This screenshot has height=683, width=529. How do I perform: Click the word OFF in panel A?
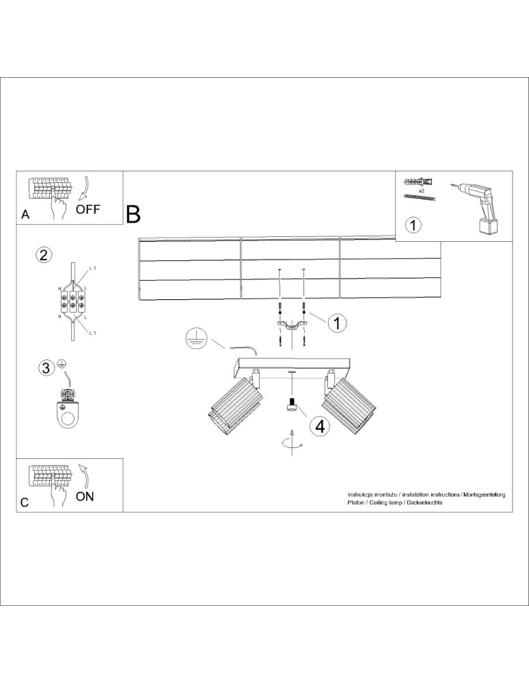click(88, 209)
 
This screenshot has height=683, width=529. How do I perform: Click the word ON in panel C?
click(85, 497)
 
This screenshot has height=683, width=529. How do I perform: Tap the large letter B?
click(133, 214)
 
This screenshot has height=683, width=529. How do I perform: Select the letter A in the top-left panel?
click(25, 214)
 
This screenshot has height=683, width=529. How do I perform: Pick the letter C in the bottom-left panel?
click(25, 502)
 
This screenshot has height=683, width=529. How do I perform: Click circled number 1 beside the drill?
click(413, 224)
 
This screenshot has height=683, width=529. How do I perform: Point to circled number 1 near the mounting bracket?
click(336, 322)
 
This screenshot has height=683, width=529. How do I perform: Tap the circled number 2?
click(44, 256)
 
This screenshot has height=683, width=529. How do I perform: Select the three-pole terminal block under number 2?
click(71, 302)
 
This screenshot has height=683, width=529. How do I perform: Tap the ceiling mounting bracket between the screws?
click(293, 325)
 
